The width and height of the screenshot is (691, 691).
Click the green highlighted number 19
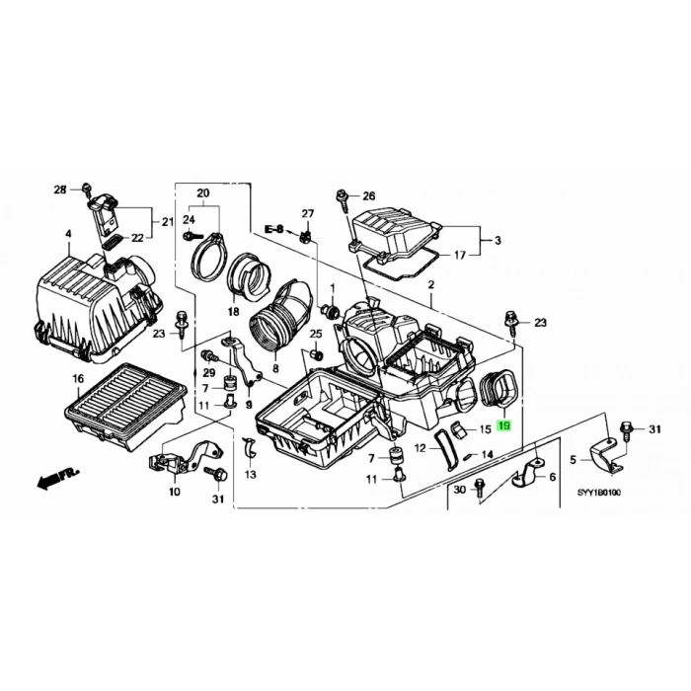point(504,426)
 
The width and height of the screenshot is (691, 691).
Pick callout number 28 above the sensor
point(59,189)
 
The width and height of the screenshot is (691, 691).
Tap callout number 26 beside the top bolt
point(369,195)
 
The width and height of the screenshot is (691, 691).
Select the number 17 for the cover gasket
point(459,256)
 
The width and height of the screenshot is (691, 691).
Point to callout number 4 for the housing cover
point(68,234)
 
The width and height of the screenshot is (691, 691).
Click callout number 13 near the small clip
point(250,475)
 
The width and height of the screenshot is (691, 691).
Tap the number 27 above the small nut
point(307,214)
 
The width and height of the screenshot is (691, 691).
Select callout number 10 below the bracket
point(175,491)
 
